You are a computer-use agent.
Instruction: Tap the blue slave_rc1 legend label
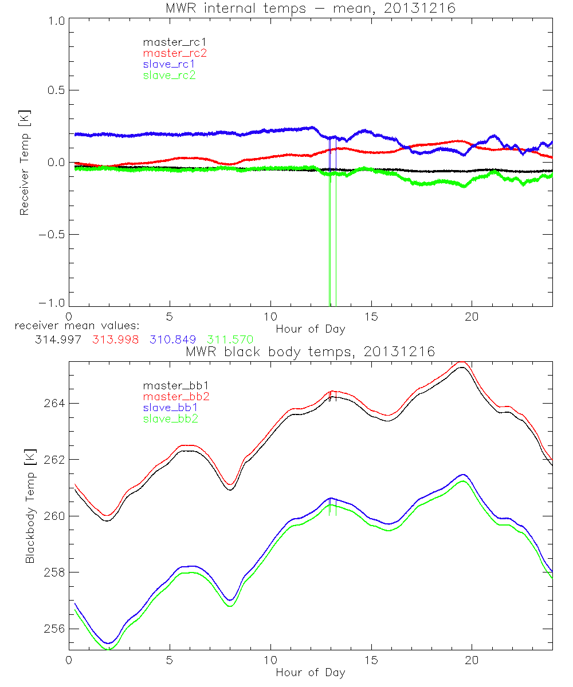(169, 64)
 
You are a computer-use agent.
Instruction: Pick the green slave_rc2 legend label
(169, 75)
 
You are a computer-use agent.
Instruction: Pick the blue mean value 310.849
(175, 339)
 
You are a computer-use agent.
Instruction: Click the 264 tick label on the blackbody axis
(53, 404)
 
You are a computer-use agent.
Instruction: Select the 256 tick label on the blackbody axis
(53, 629)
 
